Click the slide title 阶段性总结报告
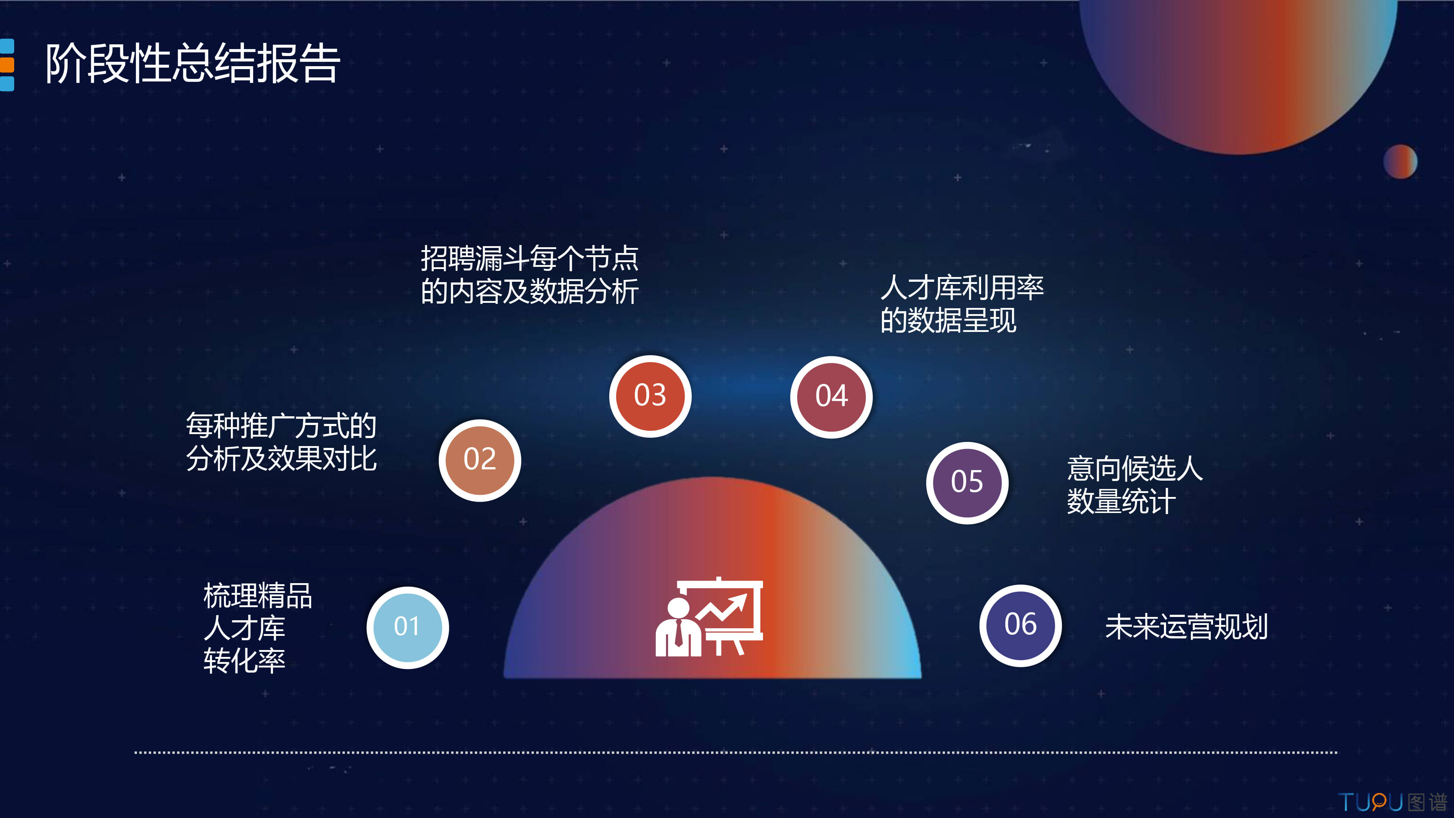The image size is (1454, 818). (193, 63)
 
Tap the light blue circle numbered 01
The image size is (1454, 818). (407, 627)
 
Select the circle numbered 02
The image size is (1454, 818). (480, 460)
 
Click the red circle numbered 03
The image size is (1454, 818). (650, 396)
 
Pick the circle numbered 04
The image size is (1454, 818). (831, 397)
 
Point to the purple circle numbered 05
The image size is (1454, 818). (967, 483)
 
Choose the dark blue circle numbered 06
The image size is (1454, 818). (1020, 625)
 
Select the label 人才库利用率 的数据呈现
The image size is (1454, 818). (962, 304)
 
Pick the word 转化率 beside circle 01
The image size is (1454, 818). (244, 661)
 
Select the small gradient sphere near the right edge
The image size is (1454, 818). (1400, 161)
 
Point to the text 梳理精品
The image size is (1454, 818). (257, 596)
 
